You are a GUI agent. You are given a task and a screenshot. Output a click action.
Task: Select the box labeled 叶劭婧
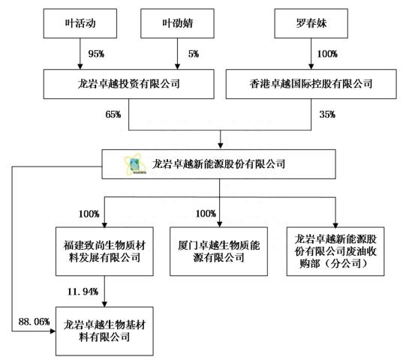tap(176, 25)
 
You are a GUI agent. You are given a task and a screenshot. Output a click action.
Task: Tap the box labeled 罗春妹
tap(309, 25)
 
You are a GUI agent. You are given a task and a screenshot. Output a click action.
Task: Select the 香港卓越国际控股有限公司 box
tap(310, 83)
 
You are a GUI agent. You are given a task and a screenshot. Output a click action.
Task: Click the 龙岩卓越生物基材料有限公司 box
tap(103, 331)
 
